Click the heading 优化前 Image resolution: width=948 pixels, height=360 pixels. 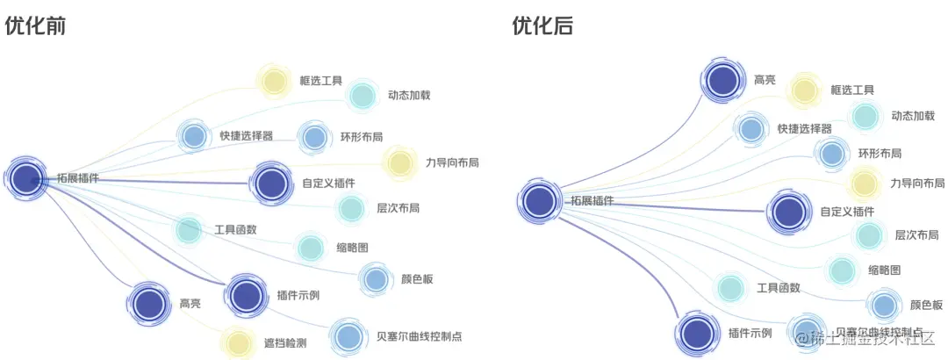click(36, 26)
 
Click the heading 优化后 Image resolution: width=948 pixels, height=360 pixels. click(543, 26)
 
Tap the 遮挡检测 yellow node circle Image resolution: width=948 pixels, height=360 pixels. click(236, 343)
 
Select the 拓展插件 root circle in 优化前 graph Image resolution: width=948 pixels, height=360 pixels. click(27, 178)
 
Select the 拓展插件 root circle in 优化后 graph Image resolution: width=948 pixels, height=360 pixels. click(539, 201)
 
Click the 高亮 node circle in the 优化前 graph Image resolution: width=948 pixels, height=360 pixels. click(149, 303)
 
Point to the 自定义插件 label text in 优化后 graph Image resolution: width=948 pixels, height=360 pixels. click(847, 212)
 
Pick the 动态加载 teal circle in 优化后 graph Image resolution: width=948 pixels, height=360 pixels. click(865, 116)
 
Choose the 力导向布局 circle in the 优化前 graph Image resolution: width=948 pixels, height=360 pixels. click(399, 162)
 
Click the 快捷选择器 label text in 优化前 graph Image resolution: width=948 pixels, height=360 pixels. click(246, 136)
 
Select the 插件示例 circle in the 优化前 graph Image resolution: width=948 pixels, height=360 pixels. click(247, 295)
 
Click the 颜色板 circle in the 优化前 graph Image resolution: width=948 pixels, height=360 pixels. click(375, 279)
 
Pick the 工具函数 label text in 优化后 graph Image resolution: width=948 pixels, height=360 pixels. click(778, 288)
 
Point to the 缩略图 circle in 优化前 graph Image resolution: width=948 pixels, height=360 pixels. click(310, 248)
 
